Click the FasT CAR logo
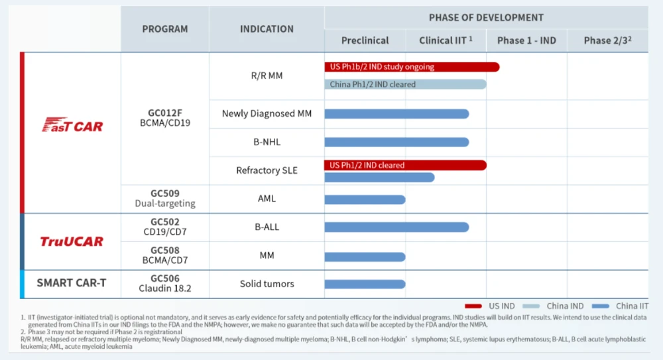point(73,125)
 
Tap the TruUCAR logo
point(72,241)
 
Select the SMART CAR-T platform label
point(71,283)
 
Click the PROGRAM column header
point(165,29)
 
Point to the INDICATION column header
point(267,29)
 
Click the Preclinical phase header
point(365,40)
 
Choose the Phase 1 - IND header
point(526,40)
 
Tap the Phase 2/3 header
point(607,40)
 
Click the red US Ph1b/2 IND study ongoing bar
point(411,67)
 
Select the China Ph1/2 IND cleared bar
point(404,84)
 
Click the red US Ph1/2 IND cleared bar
point(404,165)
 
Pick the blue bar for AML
point(365,200)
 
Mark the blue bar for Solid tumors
point(365,284)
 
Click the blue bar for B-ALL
point(396,227)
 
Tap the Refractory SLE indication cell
point(267,170)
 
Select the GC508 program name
point(165,250)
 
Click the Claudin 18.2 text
point(165,288)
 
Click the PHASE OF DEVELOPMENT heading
point(486,17)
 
